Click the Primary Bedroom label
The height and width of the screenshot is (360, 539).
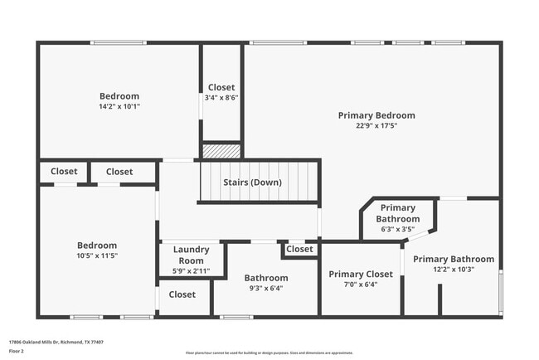376,115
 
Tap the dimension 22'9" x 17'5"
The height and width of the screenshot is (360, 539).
376,126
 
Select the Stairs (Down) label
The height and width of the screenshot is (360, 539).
252,182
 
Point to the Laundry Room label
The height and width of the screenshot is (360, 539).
192,255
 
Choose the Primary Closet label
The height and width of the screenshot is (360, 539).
361,274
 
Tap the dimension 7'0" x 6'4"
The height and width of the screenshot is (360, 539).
361,285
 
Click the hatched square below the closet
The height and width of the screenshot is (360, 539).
221,152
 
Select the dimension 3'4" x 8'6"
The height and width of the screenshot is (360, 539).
221,97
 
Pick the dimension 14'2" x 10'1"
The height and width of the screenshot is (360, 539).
119,106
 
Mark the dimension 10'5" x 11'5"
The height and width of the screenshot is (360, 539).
97,255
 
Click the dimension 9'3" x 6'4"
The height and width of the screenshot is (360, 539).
266,289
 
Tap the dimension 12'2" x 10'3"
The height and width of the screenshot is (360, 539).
454,270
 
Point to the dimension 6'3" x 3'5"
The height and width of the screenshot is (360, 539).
398,229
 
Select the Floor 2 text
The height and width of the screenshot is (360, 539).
17,351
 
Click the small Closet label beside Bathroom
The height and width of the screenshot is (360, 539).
299,249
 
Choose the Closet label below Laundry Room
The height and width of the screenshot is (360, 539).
182,294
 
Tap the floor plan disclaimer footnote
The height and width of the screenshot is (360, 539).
269,353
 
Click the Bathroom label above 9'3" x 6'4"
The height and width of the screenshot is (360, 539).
266,278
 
